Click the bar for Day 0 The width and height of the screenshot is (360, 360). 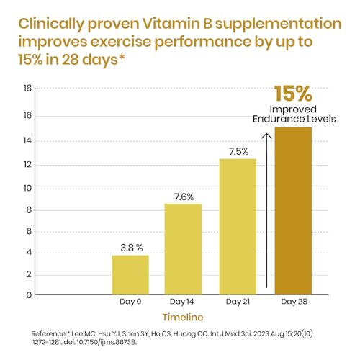pyautogui.click(x=130, y=274)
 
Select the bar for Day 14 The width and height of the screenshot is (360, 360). pyautogui.click(x=184, y=248)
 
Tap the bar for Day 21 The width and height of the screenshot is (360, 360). pyautogui.click(x=238, y=226)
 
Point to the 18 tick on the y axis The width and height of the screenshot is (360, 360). pyautogui.click(x=27, y=89)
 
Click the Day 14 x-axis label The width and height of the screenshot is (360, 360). pyautogui.click(x=184, y=302)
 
